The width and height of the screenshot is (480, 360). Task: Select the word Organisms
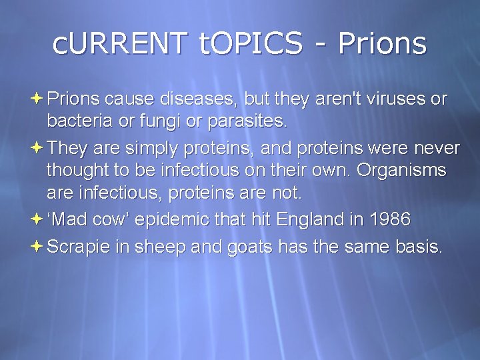click(401, 169)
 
